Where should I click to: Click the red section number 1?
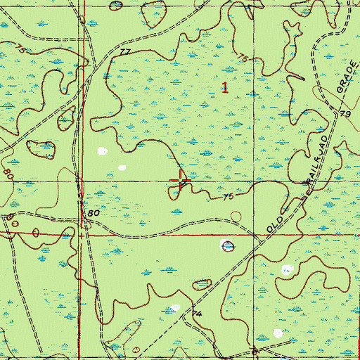coord(225,88)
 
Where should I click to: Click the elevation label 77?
coord(125,52)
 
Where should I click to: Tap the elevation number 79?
coord(345,113)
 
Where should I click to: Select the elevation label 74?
coord(197,313)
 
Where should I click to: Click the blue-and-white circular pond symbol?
coord(226,245)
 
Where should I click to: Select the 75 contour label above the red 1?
coord(243,58)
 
